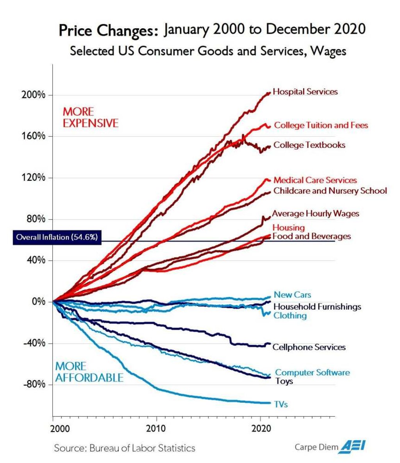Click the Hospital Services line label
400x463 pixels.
305,92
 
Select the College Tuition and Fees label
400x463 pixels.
321,125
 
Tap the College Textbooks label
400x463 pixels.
309,145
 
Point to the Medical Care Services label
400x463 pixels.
315,180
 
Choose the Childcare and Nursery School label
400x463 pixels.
330,191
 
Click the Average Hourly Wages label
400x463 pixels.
315,213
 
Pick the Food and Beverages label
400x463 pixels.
311,236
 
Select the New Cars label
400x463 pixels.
292,295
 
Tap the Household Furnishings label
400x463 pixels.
317,307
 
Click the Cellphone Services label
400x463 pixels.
309,347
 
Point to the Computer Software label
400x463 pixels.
312,372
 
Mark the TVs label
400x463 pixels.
281,404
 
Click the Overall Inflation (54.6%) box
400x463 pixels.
57,237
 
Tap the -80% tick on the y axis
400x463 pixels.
35,384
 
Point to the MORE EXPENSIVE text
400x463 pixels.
90,118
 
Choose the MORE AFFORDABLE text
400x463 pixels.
89,372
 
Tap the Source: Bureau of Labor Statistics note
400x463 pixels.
125,448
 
